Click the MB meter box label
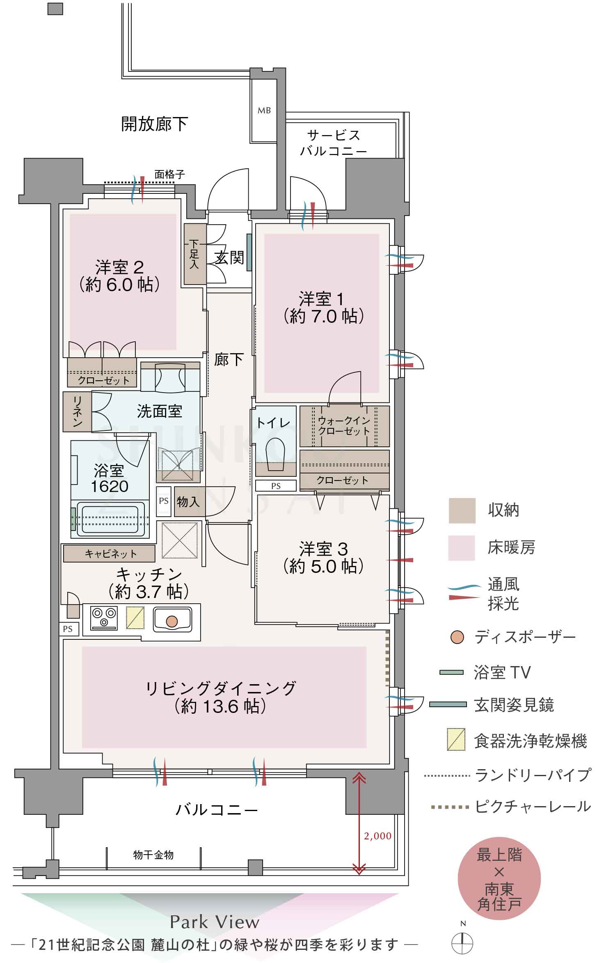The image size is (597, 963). click(x=264, y=110)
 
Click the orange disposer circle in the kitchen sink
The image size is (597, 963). click(x=172, y=621)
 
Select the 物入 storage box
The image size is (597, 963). click(x=189, y=502)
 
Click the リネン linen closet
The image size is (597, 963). click(x=77, y=411)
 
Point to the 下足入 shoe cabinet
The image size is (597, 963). click(x=194, y=254)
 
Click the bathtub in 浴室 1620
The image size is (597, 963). click(x=110, y=519)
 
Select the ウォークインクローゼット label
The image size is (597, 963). click(x=344, y=426)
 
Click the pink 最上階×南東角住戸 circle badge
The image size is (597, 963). click(x=499, y=879)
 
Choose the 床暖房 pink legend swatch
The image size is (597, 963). click(x=461, y=548)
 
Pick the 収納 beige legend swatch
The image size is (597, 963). click(x=462, y=510)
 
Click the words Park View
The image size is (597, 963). click(x=215, y=922)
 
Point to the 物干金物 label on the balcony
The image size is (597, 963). click(x=153, y=855)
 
